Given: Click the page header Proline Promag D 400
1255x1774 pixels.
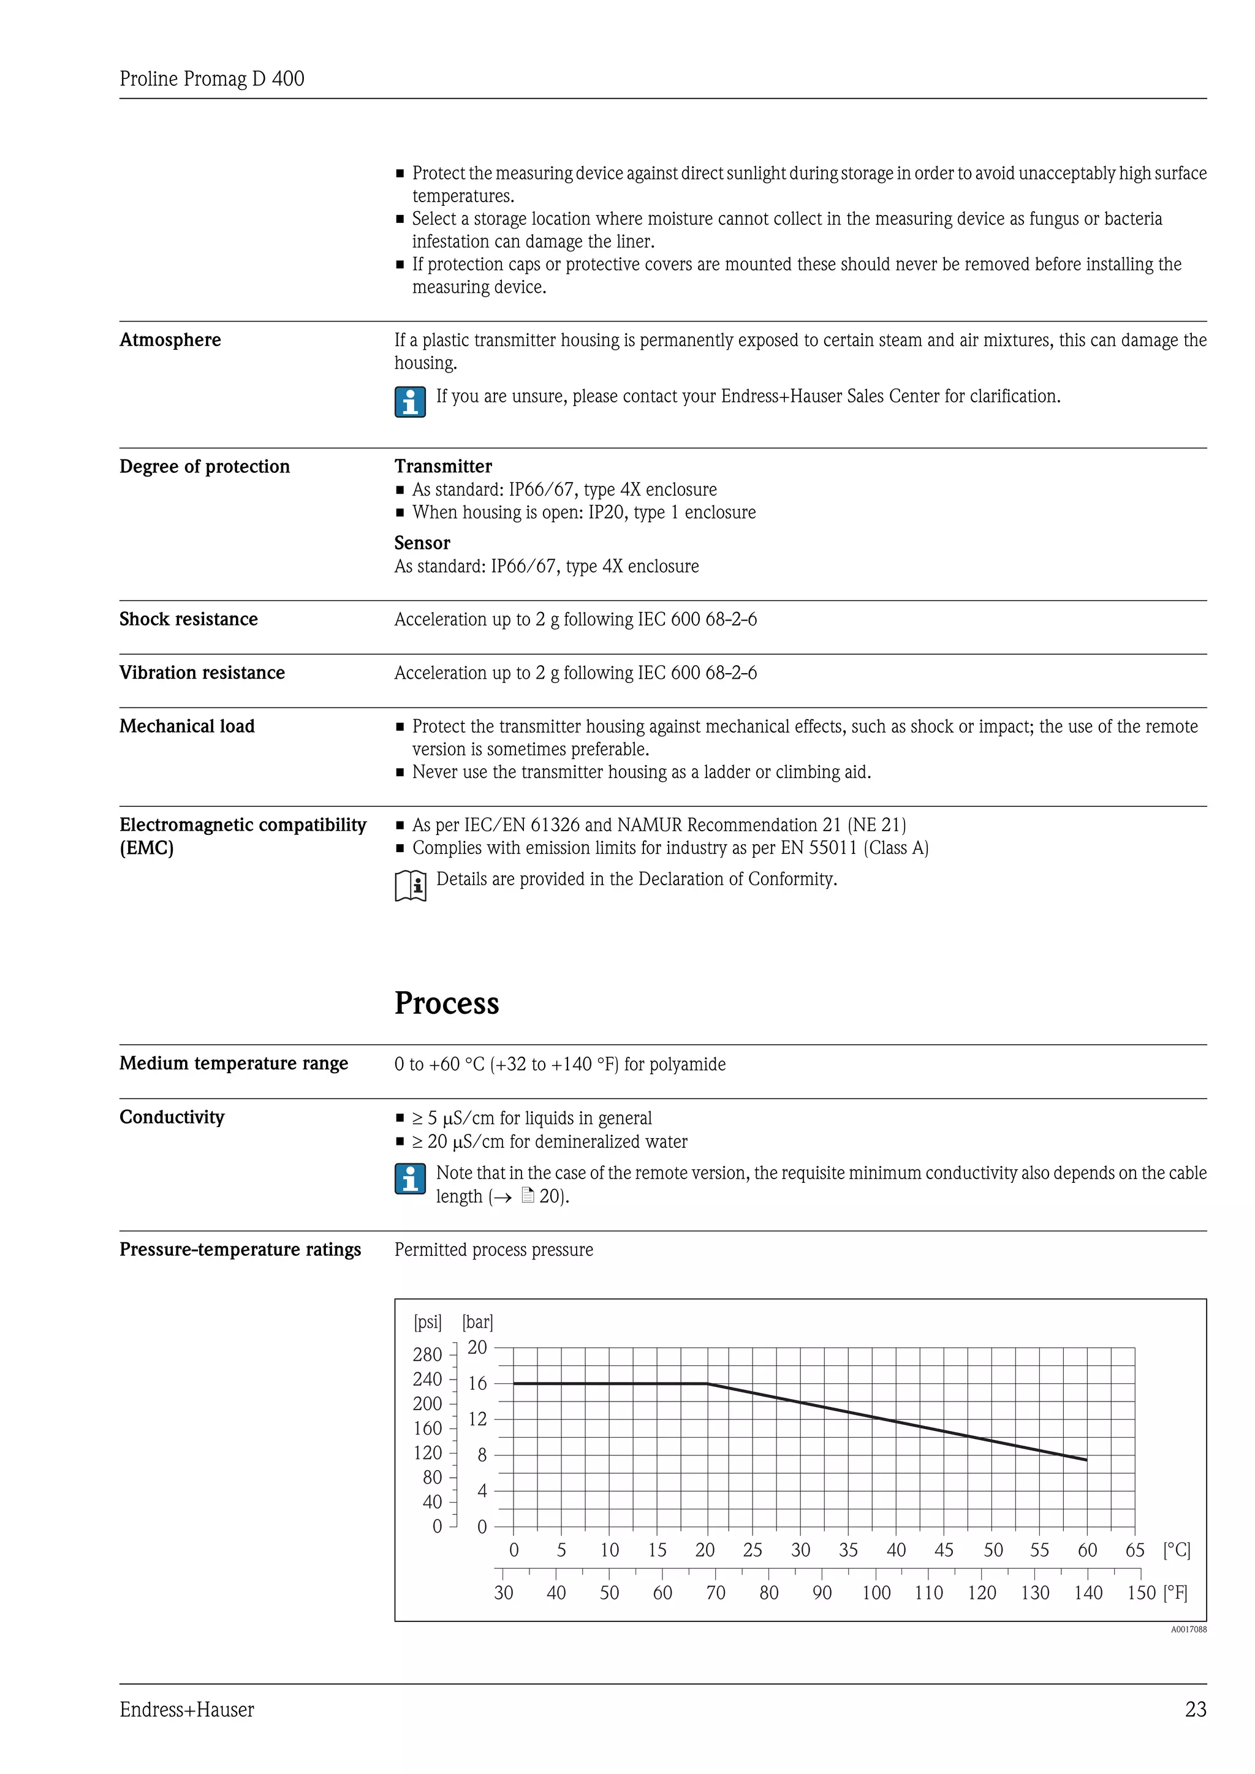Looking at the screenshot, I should [212, 79].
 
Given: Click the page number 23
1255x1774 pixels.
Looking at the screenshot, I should [1195, 1709].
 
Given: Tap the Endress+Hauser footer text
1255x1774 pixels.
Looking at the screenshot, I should [186, 1709].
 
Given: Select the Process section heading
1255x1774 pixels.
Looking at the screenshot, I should [447, 1003].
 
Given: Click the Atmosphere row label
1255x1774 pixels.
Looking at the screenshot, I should [170, 340].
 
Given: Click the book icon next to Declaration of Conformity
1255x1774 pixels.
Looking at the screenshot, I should [411, 885].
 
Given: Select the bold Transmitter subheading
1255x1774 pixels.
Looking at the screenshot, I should [443, 466].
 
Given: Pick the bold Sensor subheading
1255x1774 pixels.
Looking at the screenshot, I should [422, 542].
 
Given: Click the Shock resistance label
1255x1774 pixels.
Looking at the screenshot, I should [189, 619].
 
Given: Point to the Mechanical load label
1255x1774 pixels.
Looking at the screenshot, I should [187, 727].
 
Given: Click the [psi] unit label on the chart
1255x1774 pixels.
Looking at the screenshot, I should [427, 1322].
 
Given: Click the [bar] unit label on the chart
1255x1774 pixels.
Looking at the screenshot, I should [477, 1322].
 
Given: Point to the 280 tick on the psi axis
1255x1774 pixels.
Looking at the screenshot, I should [427, 1354].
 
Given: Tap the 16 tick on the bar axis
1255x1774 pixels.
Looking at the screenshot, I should [477, 1383].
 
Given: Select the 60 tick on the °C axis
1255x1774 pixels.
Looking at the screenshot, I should [1086, 1550].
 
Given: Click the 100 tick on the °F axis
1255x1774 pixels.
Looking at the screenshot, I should [876, 1593].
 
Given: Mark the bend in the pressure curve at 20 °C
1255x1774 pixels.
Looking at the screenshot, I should [707, 1383].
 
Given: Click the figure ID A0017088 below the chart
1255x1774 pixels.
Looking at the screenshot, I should [1188, 1629].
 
